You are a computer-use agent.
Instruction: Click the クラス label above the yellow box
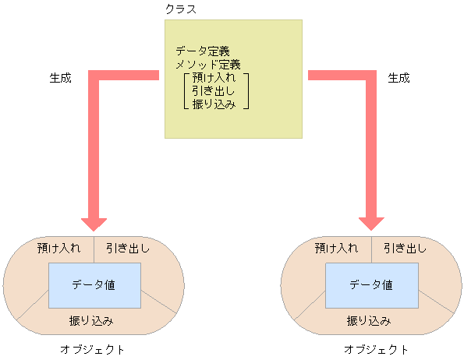point(181,9)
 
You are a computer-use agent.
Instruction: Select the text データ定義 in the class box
point(203,51)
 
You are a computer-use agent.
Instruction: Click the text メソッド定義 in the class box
point(208,64)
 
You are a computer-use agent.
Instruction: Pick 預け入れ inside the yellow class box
point(214,78)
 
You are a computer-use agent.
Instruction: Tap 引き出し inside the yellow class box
point(214,90)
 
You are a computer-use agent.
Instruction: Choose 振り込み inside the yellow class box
point(214,103)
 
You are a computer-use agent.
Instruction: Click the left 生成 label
point(61,78)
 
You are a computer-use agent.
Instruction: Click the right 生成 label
point(398,78)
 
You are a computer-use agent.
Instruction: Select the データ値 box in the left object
point(94,285)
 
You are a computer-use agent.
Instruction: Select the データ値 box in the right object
point(371,285)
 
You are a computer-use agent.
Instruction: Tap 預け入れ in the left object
point(59,249)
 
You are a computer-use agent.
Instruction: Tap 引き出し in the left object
point(128,249)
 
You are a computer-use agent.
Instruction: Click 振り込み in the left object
point(92,320)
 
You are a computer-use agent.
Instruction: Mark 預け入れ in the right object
point(337,249)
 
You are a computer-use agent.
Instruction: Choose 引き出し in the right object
point(406,249)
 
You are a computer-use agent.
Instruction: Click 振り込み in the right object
point(369,320)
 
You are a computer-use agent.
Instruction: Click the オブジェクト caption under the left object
point(93,349)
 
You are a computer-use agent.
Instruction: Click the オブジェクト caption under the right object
point(376,349)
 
